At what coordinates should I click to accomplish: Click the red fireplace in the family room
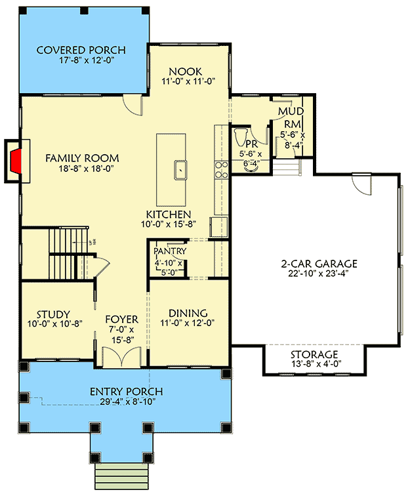[16, 160]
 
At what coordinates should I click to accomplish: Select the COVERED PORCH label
[81, 50]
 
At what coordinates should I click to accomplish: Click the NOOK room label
[185, 72]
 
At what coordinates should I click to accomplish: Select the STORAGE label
[315, 355]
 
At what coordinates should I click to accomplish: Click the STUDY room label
[53, 314]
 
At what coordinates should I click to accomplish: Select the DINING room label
[188, 313]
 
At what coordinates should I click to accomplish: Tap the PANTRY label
[170, 251]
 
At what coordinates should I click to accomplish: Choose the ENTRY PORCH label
[126, 392]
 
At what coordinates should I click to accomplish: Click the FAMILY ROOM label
[82, 158]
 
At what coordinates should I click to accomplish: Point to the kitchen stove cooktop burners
[222, 169]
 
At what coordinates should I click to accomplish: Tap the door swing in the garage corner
[359, 183]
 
